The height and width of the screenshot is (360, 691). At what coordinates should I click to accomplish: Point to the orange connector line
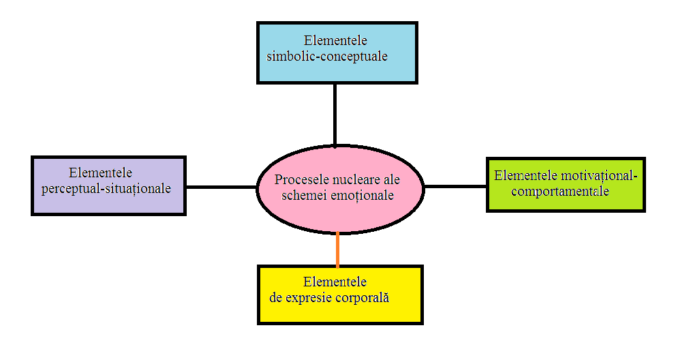(x=338, y=249)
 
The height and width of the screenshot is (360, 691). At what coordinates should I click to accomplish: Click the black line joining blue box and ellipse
(x=335, y=114)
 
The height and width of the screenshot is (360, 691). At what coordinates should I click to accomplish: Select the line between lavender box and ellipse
(x=221, y=186)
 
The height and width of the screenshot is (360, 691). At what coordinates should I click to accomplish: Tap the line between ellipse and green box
(x=455, y=186)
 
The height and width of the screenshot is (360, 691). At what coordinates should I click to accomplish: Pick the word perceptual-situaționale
(x=106, y=189)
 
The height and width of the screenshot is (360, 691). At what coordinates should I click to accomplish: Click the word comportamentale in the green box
(x=559, y=192)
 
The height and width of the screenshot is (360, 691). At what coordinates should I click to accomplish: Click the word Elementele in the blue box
(x=336, y=40)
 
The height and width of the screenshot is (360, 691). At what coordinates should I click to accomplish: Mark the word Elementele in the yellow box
(x=335, y=282)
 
